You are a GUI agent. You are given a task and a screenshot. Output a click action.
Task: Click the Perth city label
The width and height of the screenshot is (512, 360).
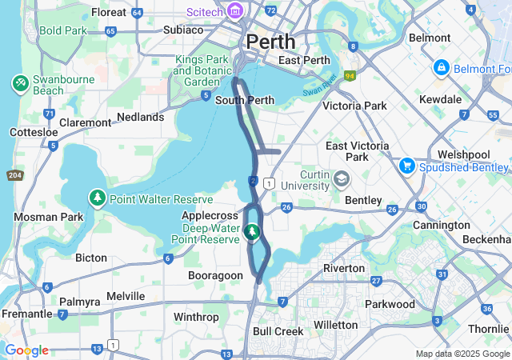coord(270,41)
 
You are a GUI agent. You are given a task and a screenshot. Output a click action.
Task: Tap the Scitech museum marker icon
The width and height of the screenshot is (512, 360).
coord(235,11)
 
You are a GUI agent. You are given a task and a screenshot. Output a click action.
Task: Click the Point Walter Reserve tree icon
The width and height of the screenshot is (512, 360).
coord(98,197)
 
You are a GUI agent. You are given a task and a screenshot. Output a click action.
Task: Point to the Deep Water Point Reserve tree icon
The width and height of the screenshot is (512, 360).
coord(252,232)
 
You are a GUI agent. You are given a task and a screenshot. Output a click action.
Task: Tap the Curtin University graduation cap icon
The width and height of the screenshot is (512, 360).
coord(342,178)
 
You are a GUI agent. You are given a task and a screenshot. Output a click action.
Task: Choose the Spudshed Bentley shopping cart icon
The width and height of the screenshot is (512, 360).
coord(407,166)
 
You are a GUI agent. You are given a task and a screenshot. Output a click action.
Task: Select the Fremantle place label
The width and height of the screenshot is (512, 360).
coord(26,314)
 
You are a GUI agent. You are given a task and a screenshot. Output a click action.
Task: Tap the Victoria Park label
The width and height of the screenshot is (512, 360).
coord(354,106)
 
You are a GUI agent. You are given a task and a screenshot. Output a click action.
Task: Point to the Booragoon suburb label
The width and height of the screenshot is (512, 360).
coord(214,275)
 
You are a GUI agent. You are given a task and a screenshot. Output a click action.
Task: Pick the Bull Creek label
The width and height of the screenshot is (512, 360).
coord(278,330)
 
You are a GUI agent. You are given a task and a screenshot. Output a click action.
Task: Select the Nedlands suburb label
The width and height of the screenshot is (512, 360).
coord(140,117)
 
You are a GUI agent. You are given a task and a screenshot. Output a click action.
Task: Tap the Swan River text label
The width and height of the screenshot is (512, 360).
coord(320,86)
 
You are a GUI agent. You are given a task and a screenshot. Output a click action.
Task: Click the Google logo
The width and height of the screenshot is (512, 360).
coord(26,350)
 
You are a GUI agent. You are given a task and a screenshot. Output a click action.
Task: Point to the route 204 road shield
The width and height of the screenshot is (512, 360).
coord(14,174)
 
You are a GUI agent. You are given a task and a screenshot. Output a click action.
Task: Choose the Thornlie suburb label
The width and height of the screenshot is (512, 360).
coord(489,328)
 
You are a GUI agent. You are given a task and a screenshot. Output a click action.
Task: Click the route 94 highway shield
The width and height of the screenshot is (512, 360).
coord(350,76)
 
